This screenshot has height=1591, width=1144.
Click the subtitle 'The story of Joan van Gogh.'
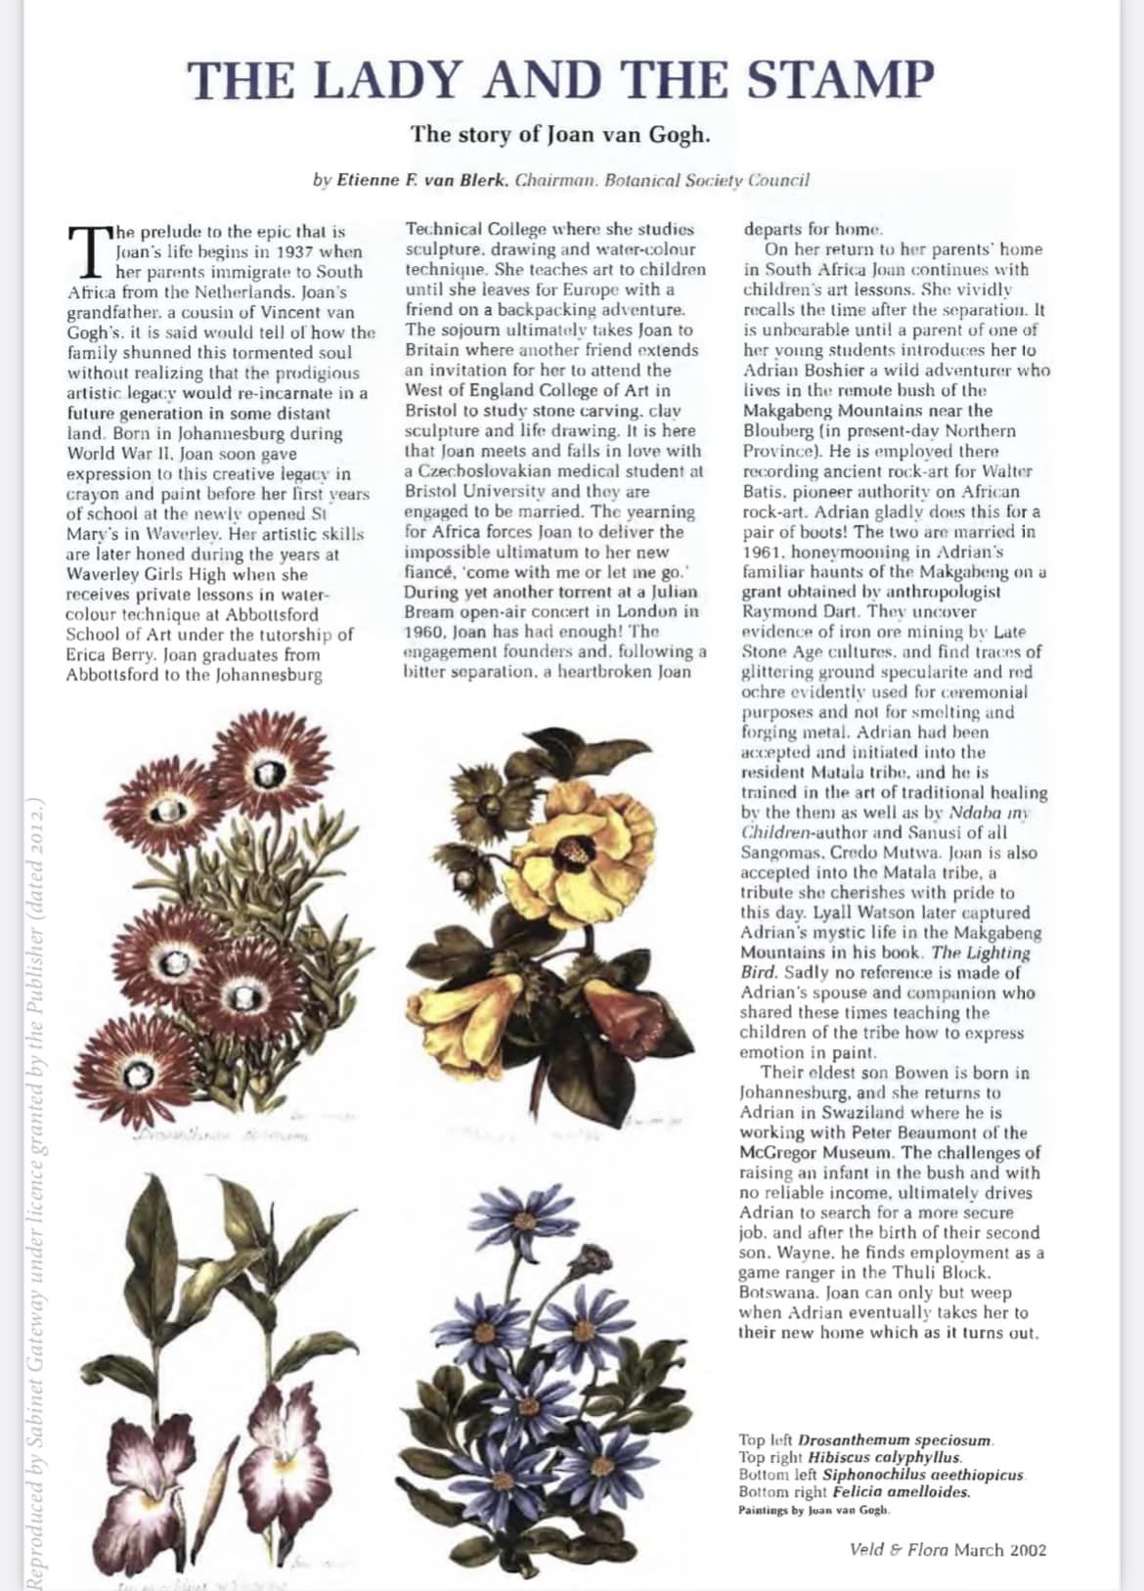[x=560, y=133]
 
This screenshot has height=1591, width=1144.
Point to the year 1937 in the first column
[x=292, y=251]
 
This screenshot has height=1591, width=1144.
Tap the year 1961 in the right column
[x=763, y=552]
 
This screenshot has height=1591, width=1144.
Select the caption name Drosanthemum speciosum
[x=895, y=1439]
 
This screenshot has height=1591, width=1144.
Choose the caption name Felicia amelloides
[x=901, y=1492]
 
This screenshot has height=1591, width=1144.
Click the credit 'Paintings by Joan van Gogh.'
[x=814, y=1510]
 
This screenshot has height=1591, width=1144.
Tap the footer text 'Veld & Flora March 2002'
[x=947, y=1549]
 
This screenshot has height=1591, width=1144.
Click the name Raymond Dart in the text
[x=789, y=612]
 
